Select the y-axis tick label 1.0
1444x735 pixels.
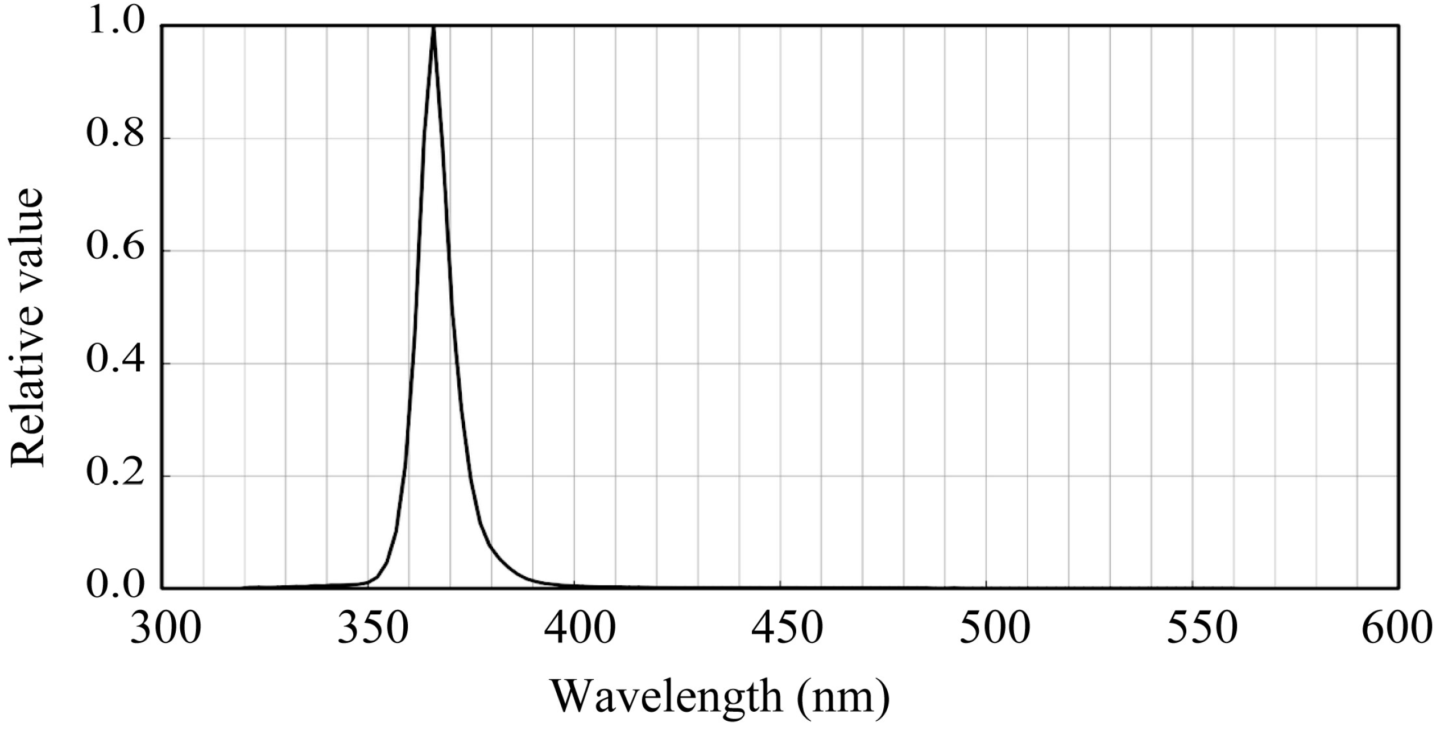(x=116, y=23)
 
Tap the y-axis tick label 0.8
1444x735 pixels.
(x=116, y=136)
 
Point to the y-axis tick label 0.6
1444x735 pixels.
(x=116, y=249)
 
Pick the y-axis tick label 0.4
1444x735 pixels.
(x=116, y=362)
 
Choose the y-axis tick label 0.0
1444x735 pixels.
(x=116, y=586)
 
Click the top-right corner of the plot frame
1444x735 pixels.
(x=1399, y=26)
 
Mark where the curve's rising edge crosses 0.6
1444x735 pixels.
(x=419, y=251)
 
